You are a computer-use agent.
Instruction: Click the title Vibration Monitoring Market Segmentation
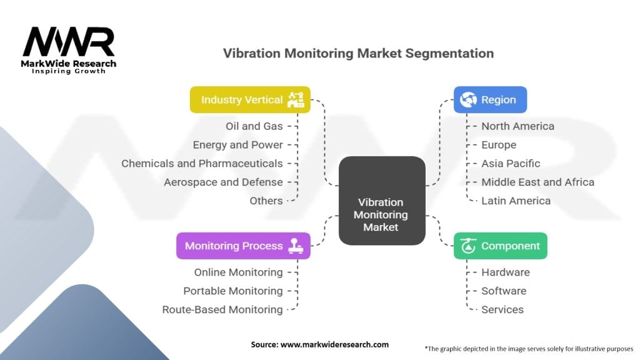coord(358,53)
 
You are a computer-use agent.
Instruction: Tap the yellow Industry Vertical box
coord(250,99)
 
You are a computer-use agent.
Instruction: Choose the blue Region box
coord(490,99)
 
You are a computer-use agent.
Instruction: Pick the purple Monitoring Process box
coord(243,246)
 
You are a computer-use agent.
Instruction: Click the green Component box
coord(500,246)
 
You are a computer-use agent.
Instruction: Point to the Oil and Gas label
coord(254,126)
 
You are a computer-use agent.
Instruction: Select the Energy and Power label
coord(237,145)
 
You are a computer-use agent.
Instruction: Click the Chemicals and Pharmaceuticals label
coord(202,164)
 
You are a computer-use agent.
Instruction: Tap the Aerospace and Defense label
coord(223,182)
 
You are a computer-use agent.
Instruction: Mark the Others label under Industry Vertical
coord(266,201)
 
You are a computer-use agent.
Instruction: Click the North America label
coord(517,126)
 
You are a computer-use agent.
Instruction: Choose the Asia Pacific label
coord(511,164)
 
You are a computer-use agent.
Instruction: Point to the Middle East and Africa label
coord(537,182)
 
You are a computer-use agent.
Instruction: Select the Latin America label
coord(516,201)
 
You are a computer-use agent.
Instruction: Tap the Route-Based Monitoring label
coord(222,309)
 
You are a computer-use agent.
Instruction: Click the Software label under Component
coord(504,291)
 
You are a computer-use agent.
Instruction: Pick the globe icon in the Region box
coord(468,99)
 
